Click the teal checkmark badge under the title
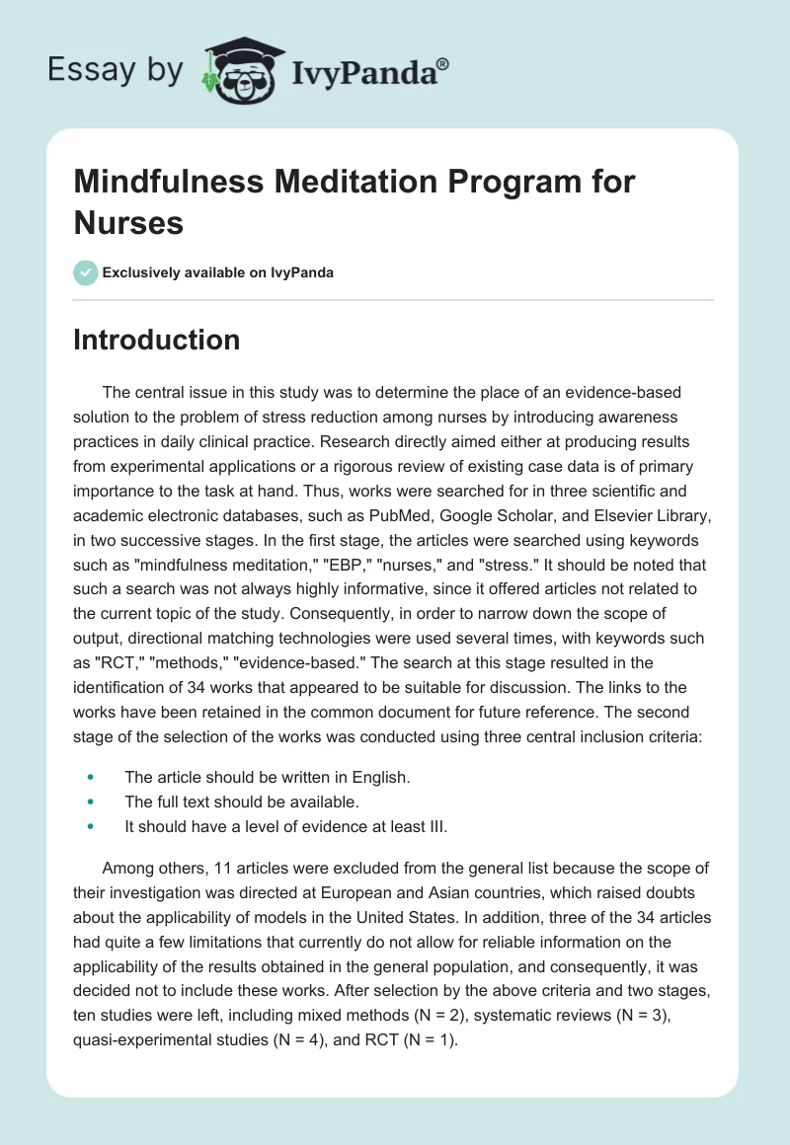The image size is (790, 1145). coord(86,272)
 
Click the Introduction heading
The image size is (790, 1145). coord(157,340)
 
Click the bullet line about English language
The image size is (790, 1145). coord(267,776)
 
